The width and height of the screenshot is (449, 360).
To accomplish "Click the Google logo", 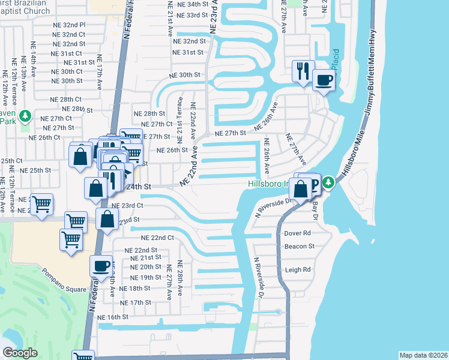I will click(20, 353).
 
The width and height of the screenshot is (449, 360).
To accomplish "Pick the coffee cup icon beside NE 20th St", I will click(101, 265).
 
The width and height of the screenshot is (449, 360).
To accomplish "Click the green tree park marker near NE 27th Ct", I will click(25, 115).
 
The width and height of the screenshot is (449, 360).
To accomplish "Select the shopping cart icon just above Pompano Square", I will click(71, 240).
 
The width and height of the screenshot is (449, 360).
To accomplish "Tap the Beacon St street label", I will click(300, 246).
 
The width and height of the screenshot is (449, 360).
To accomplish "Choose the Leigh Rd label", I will click(299, 270).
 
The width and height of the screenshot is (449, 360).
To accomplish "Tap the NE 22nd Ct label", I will click(154, 238).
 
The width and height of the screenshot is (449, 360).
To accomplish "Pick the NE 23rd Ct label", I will click(127, 205).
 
